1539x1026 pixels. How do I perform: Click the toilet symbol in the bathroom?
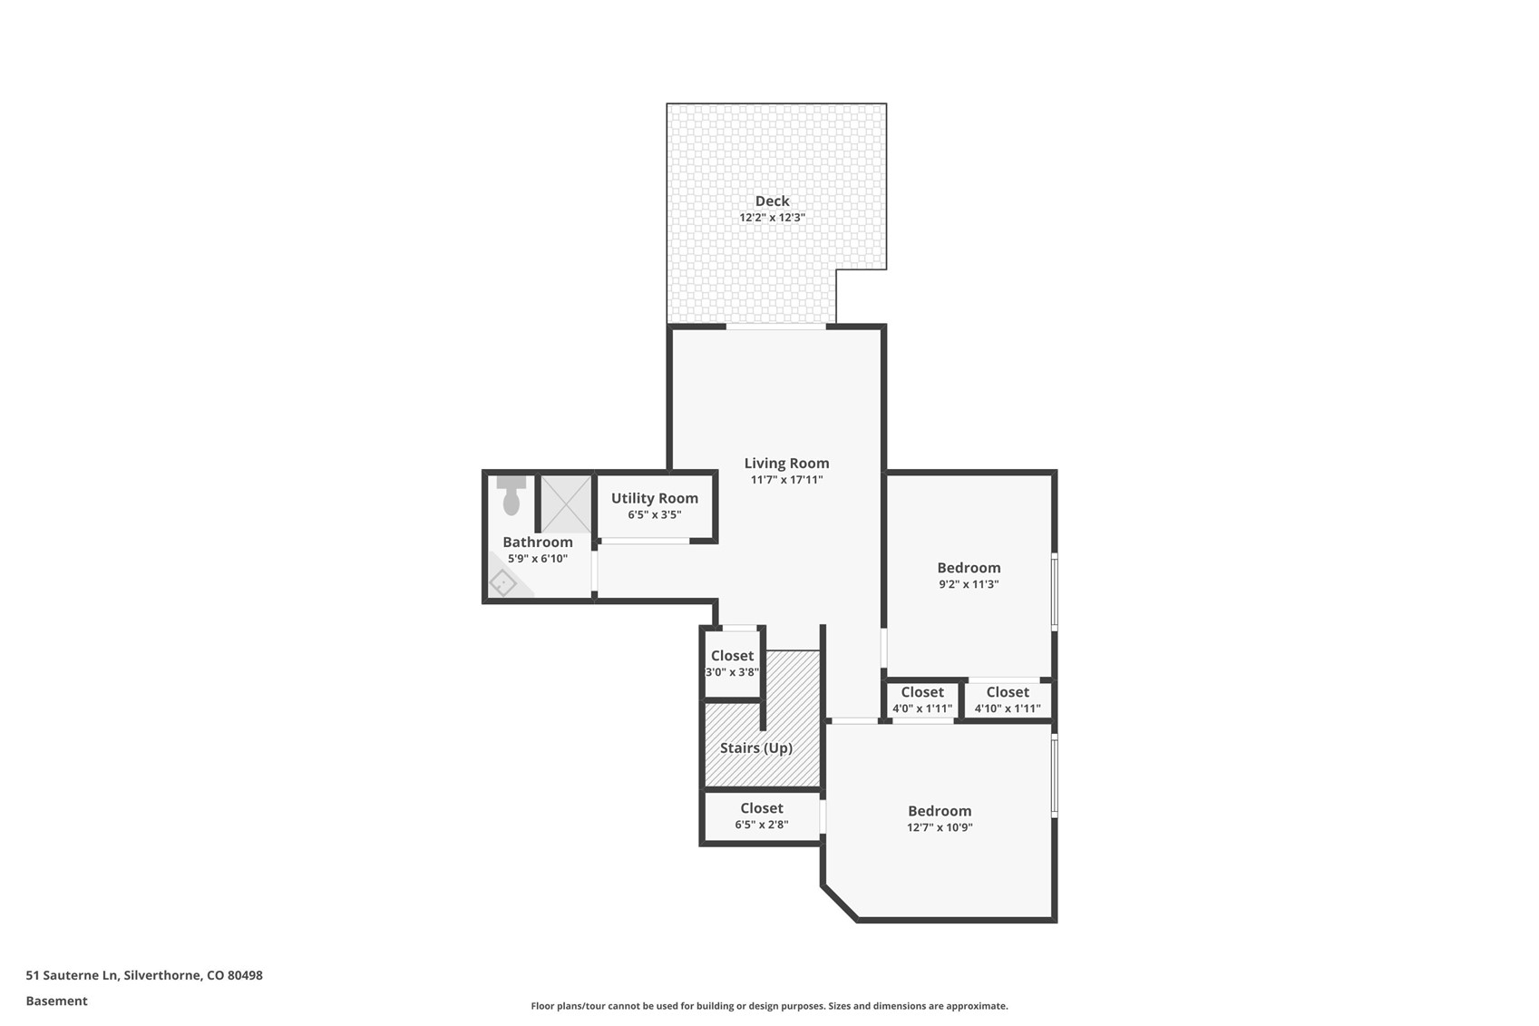[511, 495]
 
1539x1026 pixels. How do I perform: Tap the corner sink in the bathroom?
[503, 582]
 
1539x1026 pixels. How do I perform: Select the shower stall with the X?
[567, 504]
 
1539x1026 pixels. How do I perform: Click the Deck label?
[772, 200]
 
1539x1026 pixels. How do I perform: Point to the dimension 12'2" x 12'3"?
[772, 218]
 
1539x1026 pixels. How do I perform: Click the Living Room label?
[786, 463]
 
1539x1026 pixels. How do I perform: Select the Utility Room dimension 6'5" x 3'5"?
[654, 514]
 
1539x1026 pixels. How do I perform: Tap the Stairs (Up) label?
[755, 748]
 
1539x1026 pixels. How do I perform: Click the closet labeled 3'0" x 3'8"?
[732, 663]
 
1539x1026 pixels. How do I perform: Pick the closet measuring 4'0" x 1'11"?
[921, 699]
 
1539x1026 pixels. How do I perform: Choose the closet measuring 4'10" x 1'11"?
[1007, 699]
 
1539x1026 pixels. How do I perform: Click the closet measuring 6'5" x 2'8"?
[761, 816]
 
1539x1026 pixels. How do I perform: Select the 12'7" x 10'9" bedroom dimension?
[940, 827]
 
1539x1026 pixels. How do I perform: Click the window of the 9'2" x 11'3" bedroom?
[1054, 591]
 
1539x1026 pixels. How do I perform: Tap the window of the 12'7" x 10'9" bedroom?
[1054, 777]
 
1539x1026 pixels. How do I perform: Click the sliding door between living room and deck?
[775, 326]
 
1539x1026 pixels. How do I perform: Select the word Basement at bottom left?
[56, 1001]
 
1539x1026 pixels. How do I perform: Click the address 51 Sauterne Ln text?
[144, 975]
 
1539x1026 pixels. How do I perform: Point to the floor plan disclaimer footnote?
[769, 1005]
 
